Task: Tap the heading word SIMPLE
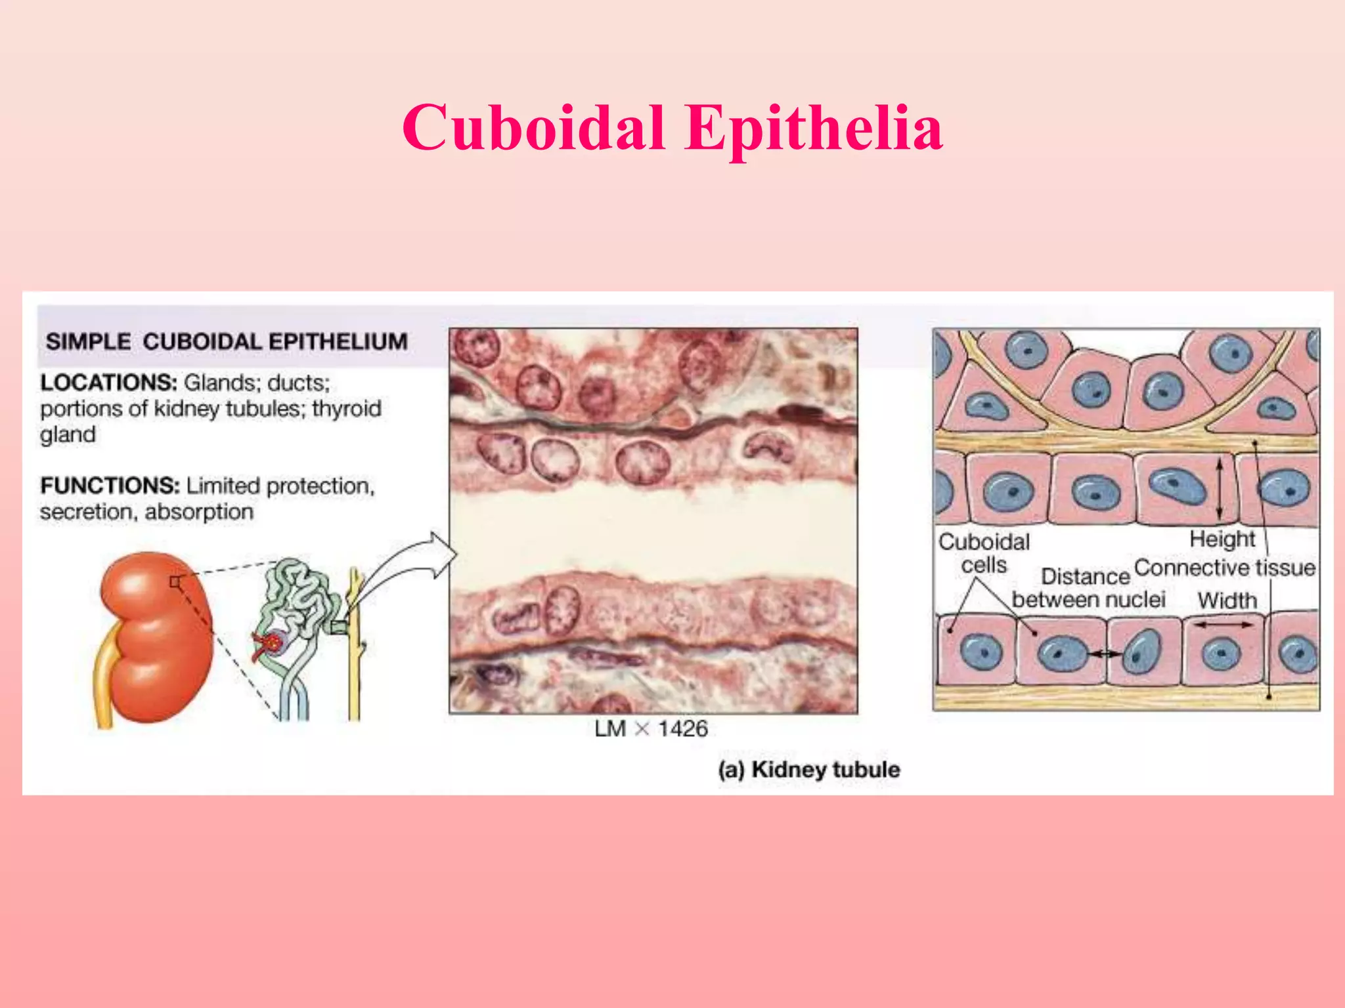[x=88, y=342]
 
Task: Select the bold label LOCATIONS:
[x=108, y=383]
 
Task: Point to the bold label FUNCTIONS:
[x=110, y=486]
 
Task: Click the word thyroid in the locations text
[x=346, y=409]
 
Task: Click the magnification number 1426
[x=682, y=729]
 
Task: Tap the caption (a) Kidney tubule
[x=808, y=769]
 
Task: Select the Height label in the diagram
[x=1222, y=539]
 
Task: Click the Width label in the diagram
[x=1226, y=600]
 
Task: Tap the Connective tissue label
[x=1224, y=568]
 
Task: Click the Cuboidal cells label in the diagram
[x=984, y=553]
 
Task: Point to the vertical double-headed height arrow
[x=1220, y=488]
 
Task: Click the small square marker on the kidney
[x=175, y=582]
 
